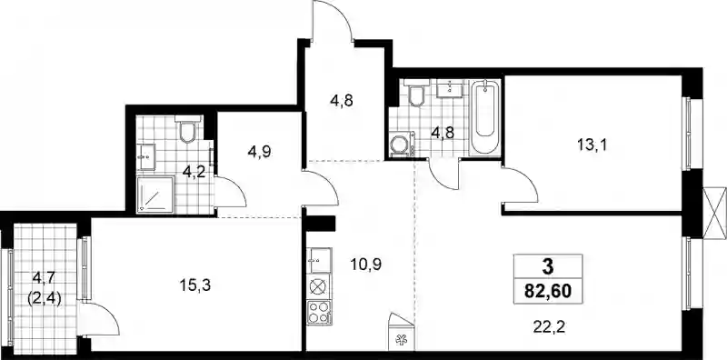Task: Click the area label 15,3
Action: [194, 285]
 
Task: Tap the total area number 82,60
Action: [548, 292]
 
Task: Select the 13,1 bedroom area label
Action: [593, 145]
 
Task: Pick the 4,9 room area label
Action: [259, 152]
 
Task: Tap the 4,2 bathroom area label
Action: [194, 172]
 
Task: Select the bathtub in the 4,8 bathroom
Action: [484, 118]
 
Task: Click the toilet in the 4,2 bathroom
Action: [188, 129]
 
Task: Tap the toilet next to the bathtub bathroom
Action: [416, 93]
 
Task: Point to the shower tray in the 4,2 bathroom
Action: [155, 195]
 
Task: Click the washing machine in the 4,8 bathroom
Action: [402, 145]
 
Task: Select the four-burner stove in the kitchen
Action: [319, 312]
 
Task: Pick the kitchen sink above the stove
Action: [319, 261]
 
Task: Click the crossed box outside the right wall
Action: [714, 214]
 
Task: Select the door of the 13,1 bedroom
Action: [520, 185]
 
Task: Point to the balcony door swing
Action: [98, 319]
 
